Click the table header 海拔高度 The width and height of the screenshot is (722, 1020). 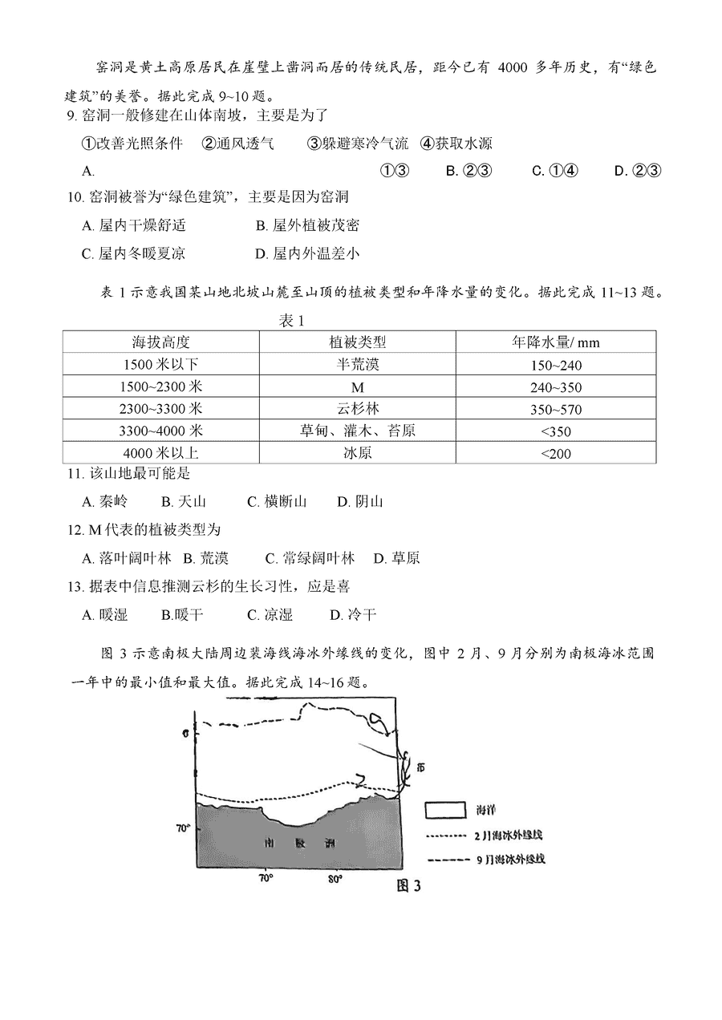(x=160, y=342)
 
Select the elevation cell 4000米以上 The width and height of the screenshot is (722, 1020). (x=160, y=453)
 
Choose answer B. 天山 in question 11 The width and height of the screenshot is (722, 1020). (x=184, y=502)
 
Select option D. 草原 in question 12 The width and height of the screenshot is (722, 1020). (x=395, y=558)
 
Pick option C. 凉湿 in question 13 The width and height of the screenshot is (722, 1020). (x=270, y=615)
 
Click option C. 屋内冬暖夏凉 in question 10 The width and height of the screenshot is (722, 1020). (x=134, y=253)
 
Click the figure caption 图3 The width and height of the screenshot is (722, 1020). (x=408, y=886)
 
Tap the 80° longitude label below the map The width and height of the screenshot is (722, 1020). (x=335, y=879)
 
